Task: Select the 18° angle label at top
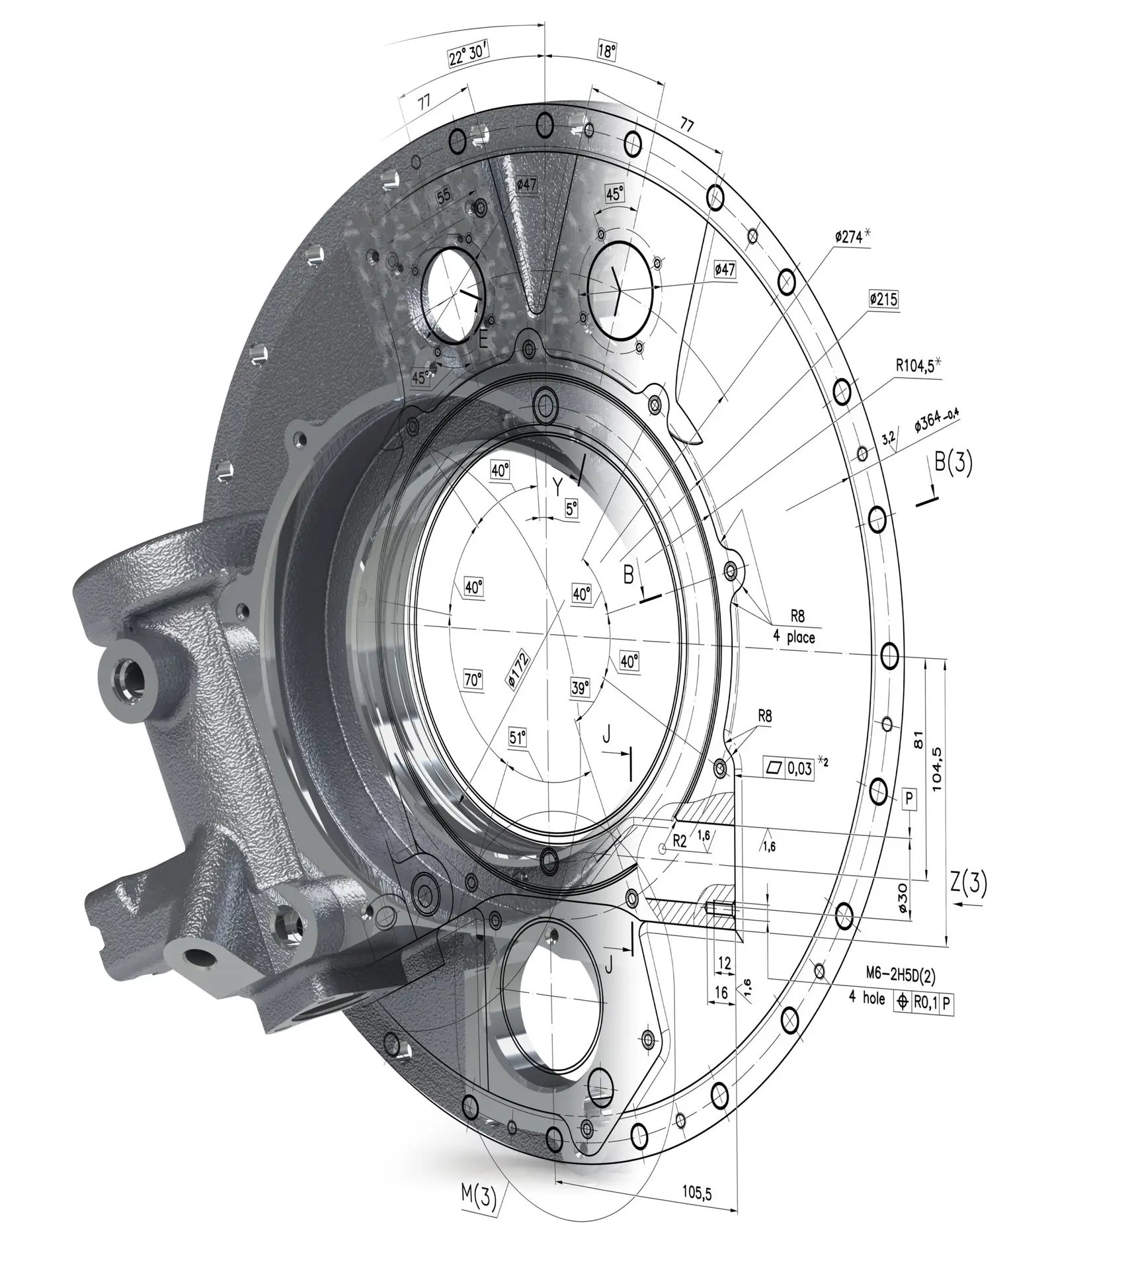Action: [606, 52]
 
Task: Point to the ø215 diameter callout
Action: [883, 300]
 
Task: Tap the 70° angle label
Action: [473, 679]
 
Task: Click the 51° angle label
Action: [518, 738]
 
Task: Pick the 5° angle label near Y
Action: [571, 509]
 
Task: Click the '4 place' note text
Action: [794, 637]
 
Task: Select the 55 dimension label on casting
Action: [444, 195]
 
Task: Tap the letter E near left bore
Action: [483, 339]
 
